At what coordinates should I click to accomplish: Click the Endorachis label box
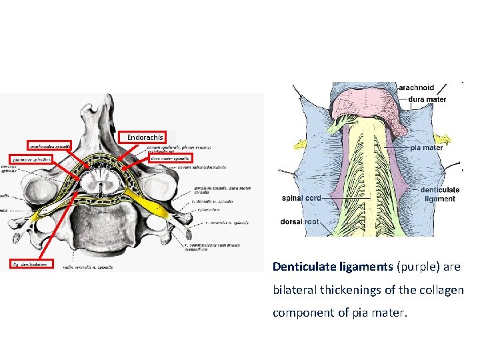click(145, 137)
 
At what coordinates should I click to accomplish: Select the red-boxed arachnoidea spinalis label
click(50, 145)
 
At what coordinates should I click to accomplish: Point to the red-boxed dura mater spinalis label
click(169, 159)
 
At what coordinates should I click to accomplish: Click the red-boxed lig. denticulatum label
click(31, 264)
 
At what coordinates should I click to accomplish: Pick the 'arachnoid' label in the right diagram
click(416, 87)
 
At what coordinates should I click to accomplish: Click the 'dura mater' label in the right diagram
click(427, 99)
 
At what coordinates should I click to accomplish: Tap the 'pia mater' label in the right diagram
click(426, 147)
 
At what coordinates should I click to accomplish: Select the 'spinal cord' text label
click(301, 198)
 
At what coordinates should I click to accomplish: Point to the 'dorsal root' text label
click(299, 221)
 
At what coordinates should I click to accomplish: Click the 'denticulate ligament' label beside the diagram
click(440, 194)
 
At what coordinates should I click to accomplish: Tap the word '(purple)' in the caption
click(419, 267)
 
